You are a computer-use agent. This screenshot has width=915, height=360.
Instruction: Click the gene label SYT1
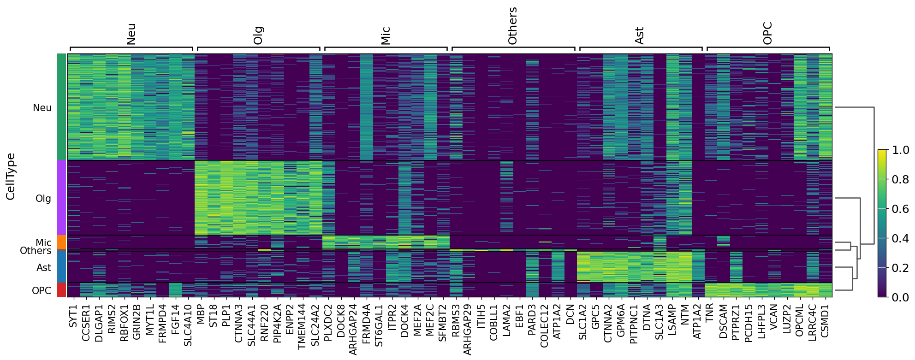(x=73, y=316)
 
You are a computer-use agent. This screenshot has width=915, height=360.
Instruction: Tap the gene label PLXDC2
(x=328, y=323)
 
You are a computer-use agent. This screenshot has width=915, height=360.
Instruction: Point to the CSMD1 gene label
(x=825, y=321)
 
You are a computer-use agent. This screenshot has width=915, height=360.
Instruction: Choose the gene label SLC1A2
(x=583, y=322)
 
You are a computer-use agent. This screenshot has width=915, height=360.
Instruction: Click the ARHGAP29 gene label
(x=467, y=329)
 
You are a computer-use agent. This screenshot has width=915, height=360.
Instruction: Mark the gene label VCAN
(x=774, y=315)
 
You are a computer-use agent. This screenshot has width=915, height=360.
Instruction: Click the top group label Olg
(x=258, y=35)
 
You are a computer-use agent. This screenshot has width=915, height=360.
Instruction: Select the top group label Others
(x=512, y=26)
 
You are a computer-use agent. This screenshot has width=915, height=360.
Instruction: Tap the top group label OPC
(x=767, y=33)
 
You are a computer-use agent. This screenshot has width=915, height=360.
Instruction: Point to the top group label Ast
(x=639, y=35)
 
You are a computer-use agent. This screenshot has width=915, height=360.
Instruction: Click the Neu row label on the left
(x=42, y=107)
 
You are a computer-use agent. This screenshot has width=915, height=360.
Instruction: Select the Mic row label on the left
(x=43, y=242)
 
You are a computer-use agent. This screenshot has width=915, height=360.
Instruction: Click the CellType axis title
(x=11, y=176)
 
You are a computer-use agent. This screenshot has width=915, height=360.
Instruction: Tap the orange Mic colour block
(x=61, y=242)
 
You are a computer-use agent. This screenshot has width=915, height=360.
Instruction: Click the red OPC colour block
(x=61, y=290)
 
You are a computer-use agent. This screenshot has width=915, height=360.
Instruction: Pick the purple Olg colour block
(x=61, y=198)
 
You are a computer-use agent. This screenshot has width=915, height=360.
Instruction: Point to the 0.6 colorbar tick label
(x=900, y=209)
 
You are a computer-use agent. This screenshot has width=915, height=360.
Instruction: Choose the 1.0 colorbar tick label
(x=900, y=150)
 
